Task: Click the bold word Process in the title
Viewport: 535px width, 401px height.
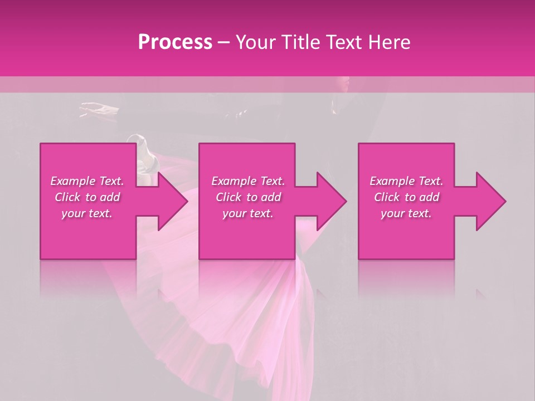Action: [175, 42]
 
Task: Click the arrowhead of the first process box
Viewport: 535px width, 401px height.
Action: [173, 201]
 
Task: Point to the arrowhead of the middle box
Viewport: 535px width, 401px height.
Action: [332, 201]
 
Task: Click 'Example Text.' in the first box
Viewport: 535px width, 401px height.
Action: [87, 181]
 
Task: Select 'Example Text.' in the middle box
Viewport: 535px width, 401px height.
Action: [248, 181]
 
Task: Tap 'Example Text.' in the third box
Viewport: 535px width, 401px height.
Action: [406, 181]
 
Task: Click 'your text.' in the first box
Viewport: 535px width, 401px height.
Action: [87, 213]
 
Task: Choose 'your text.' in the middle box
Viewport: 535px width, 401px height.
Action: [248, 213]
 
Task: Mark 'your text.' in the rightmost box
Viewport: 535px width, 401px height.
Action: [406, 213]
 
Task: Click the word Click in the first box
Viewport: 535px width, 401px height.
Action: [67, 197]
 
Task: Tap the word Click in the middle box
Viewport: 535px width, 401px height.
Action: [228, 197]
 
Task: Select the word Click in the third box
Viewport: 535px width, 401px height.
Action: [387, 197]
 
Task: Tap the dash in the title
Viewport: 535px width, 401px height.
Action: [223, 42]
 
